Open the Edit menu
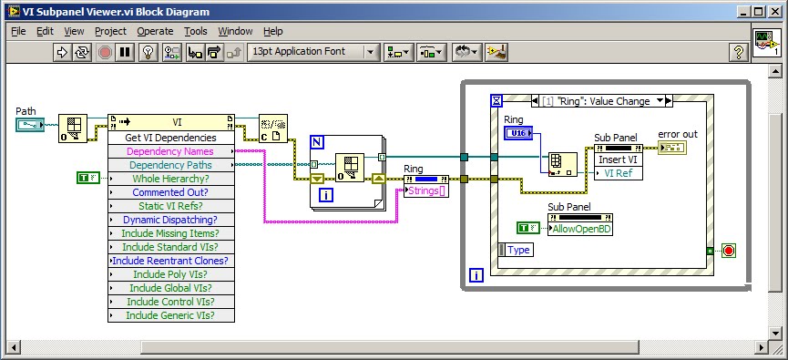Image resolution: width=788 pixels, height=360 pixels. [46, 31]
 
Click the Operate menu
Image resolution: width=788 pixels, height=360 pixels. [155, 31]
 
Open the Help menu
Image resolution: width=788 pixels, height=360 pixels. [273, 31]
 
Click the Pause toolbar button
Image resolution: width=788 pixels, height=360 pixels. [125, 52]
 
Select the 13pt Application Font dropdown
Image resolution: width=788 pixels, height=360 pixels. [312, 52]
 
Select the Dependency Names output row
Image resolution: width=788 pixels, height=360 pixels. [170, 151]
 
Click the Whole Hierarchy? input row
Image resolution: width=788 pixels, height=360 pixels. [170, 179]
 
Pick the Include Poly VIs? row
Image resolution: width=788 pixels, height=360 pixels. [170, 274]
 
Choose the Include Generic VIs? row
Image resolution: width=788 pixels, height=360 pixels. [170, 315]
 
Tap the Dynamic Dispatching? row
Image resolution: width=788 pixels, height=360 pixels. [170, 220]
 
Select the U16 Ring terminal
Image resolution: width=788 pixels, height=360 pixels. [517, 133]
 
